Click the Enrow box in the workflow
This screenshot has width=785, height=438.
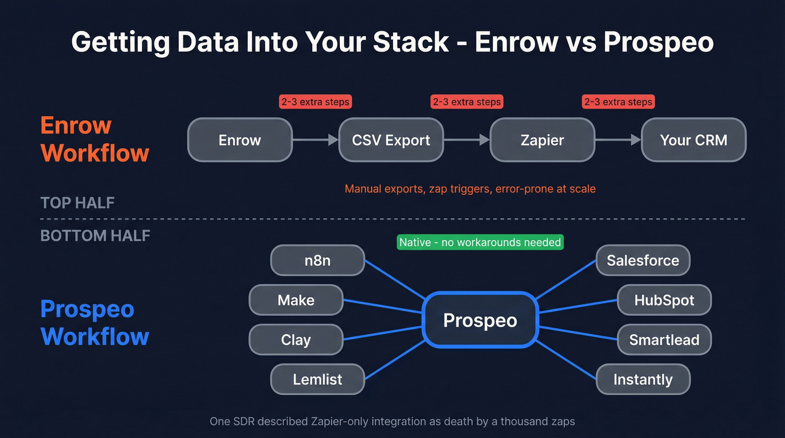click(239, 140)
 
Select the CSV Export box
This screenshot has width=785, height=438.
click(391, 140)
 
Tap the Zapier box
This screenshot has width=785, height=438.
click(542, 140)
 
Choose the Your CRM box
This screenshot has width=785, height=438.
click(694, 140)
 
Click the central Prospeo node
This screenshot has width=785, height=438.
click(480, 320)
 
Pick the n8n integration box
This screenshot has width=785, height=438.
click(317, 260)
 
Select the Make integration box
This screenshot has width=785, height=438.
click(295, 300)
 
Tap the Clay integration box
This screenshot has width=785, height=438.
click(295, 339)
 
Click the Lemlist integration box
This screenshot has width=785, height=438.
click(317, 379)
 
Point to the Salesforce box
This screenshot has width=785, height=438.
click(643, 260)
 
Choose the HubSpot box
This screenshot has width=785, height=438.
click(664, 300)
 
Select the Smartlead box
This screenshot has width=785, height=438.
click(664, 339)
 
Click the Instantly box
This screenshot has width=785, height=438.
click(643, 379)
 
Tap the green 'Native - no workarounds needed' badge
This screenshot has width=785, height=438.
click(480, 242)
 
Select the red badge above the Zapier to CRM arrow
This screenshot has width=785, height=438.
click(618, 102)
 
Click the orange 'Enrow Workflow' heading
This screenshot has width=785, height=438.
click(95, 139)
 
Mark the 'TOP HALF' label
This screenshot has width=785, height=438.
click(77, 202)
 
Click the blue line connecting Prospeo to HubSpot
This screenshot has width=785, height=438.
click(578, 306)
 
